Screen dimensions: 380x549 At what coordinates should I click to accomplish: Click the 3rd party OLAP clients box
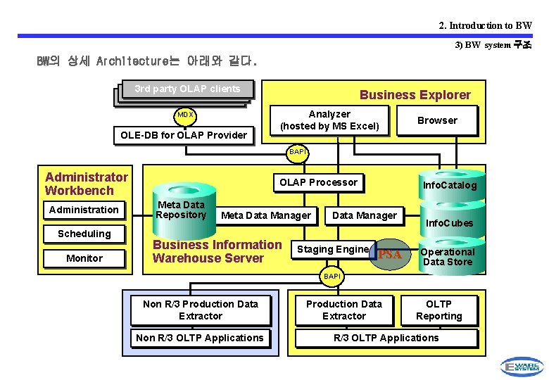[187, 89]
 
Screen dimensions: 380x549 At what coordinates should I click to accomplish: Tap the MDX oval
[185, 115]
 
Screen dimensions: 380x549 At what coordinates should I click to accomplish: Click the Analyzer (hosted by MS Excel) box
[329, 120]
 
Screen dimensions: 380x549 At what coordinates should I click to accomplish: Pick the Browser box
[437, 120]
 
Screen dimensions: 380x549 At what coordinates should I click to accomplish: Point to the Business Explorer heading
[415, 95]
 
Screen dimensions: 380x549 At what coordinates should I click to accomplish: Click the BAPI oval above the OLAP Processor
[298, 151]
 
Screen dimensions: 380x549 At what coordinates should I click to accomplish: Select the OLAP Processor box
[318, 182]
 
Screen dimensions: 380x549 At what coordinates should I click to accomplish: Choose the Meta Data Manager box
[266, 215]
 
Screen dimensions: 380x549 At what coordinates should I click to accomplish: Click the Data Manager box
[365, 215]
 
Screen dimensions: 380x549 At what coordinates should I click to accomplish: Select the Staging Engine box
[332, 249]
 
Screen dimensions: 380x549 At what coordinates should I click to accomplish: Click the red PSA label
[390, 255]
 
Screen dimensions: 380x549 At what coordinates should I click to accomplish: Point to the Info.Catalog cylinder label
[450, 186]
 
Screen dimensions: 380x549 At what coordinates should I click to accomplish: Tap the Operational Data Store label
[448, 257]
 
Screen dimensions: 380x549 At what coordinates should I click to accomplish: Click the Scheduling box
[84, 234]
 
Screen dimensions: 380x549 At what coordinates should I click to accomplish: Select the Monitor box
[84, 258]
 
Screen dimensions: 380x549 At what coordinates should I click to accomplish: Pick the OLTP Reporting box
[438, 310]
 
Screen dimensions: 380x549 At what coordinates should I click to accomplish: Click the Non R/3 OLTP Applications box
[200, 338]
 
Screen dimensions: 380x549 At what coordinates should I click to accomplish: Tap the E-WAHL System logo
[520, 366]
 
